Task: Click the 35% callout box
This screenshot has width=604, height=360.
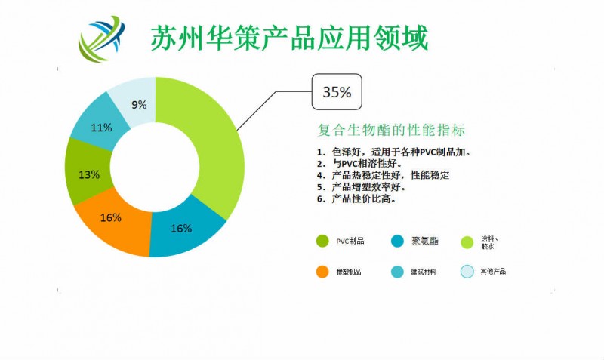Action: coord(337,93)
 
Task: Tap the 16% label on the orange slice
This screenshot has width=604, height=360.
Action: coord(111,217)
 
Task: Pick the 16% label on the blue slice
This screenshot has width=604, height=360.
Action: coord(181,228)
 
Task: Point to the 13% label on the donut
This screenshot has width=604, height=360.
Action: coord(89,174)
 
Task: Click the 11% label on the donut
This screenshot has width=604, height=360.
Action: coord(101,128)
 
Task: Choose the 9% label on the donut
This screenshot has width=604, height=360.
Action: coord(137,104)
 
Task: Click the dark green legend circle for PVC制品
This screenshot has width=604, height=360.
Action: coord(322,241)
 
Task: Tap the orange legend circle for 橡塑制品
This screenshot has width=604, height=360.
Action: coord(322,271)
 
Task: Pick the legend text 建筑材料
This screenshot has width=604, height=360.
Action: coord(424,271)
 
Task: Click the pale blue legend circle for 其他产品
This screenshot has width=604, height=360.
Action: coord(467,271)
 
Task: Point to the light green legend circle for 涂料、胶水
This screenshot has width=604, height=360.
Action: coord(467,241)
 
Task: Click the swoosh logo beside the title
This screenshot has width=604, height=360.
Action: coord(102,38)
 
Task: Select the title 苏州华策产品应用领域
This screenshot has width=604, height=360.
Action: coord(289,38)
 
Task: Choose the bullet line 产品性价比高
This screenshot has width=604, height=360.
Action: coord(362,199)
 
